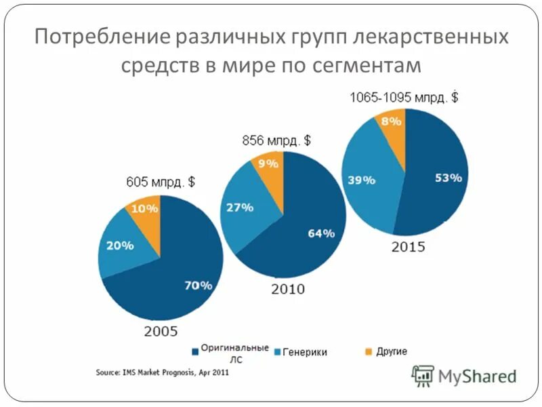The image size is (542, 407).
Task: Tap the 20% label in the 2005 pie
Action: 119,246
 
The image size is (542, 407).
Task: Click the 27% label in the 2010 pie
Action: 239,208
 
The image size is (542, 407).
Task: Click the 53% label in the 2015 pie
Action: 448,178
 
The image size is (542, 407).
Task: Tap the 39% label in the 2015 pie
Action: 361,180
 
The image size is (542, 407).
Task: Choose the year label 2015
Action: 408,247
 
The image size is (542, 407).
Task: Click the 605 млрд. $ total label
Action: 161,182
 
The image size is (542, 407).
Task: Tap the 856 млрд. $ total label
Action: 276,140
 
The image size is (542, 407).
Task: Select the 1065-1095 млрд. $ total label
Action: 403,97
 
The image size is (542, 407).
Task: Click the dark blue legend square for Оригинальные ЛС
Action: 196,351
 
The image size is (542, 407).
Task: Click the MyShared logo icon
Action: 423,375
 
